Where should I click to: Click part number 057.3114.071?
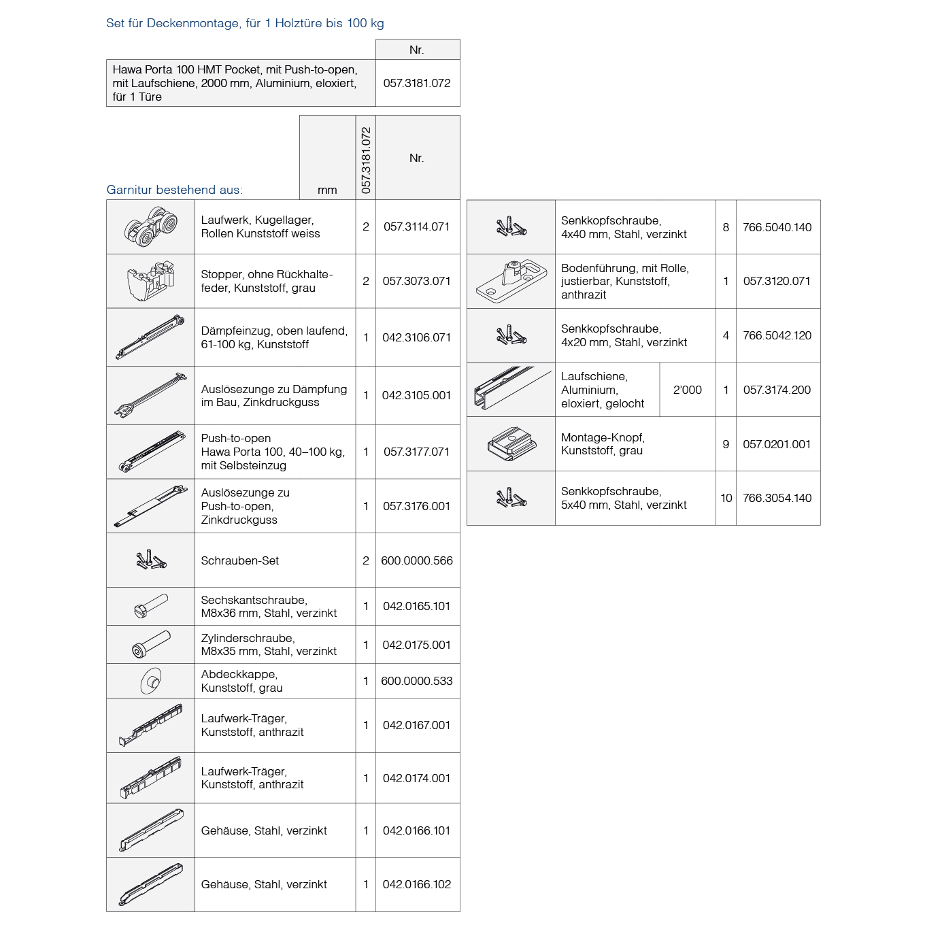pos(416,227)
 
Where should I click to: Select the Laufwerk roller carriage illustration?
pos(151,227)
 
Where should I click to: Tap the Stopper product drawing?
pos(151,281)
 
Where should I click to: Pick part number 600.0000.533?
pos(416,681)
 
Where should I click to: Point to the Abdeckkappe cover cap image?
pos(150,681)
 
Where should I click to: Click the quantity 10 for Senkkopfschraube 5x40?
pos(726,498)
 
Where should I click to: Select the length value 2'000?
pos(687,390)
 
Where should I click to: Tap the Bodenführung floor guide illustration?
pos(511,281)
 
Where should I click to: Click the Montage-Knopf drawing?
pos(511,444)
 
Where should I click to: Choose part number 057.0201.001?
pos(777,444)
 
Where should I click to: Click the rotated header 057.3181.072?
pos(366,160)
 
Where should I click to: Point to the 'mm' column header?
pos(327,190)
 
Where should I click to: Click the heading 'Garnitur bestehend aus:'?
pos(174,190)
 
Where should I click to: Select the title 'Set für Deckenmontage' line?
pos(245,23)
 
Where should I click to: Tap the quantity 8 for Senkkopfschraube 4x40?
pos(726,227)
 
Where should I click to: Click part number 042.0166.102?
pos(416,884)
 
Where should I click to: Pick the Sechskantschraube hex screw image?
pos(150,606)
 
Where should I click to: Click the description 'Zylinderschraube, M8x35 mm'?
pos(269,645)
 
